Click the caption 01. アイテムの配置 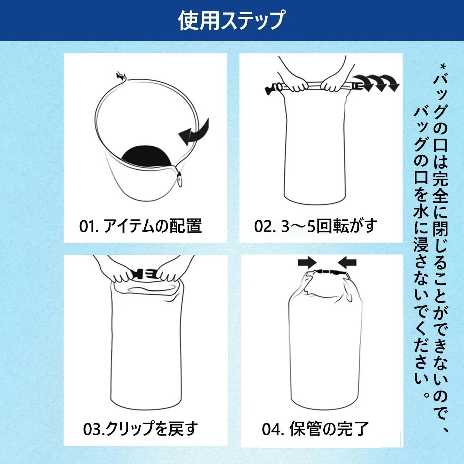pos(140,226)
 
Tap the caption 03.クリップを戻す pos(141,429)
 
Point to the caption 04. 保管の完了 pos(315,429)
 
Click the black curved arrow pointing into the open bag pos(194,132)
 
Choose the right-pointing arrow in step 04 pos(307,263)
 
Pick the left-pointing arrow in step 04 pos(347,263)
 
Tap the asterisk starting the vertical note pos(443,68)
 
